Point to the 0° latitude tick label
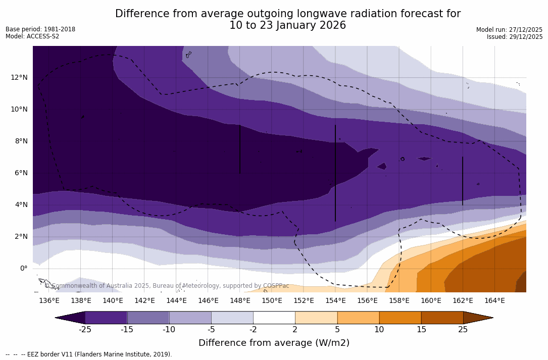(24, 268)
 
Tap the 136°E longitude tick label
(49, 300)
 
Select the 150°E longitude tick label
(272, 300)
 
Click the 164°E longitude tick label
(494, 300)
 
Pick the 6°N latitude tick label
(20, 173)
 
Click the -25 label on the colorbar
(85, 330)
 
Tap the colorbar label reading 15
(421, 330)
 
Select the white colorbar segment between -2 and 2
(274, 318)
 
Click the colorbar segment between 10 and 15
(400, 318)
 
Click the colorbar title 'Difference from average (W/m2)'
(274, 343)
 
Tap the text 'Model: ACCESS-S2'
(32, 36)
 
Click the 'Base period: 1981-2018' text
(40, 29)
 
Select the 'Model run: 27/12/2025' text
(509, 30)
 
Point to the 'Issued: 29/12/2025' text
(514, 37)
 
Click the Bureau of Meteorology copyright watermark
(167, 286)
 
